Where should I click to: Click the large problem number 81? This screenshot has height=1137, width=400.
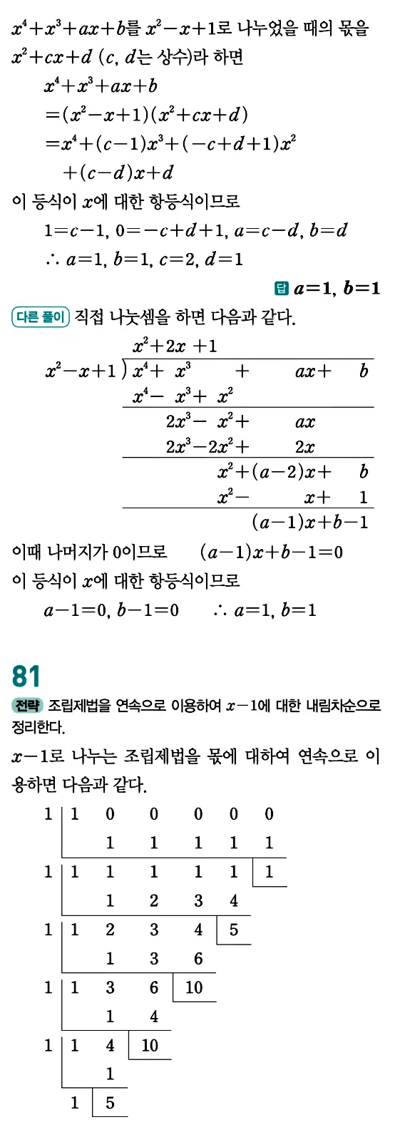click(26, 676)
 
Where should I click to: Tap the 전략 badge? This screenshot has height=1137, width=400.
click(27, 706)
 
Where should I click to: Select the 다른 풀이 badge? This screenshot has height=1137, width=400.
click(41, 317)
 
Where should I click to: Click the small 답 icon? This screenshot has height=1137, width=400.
click(281, 288)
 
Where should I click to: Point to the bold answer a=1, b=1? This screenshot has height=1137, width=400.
click(337, 288)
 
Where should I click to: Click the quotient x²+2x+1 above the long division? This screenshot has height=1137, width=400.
click(175, 346)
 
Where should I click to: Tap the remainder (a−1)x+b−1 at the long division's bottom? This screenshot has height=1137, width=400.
click(309, 523)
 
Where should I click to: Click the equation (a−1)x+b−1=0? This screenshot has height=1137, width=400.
click(271, 552)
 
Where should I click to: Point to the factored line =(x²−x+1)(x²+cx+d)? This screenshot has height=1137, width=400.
click(146, 115)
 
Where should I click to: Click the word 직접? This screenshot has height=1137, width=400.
click(89, 317)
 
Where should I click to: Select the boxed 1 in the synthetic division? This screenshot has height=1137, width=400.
click(269, 872)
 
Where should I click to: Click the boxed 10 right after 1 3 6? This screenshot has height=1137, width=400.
click(194, 987)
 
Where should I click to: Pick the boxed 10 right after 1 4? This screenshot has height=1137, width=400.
click(150, 1045)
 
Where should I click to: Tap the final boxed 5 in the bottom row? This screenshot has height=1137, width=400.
click(110, 1103)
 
